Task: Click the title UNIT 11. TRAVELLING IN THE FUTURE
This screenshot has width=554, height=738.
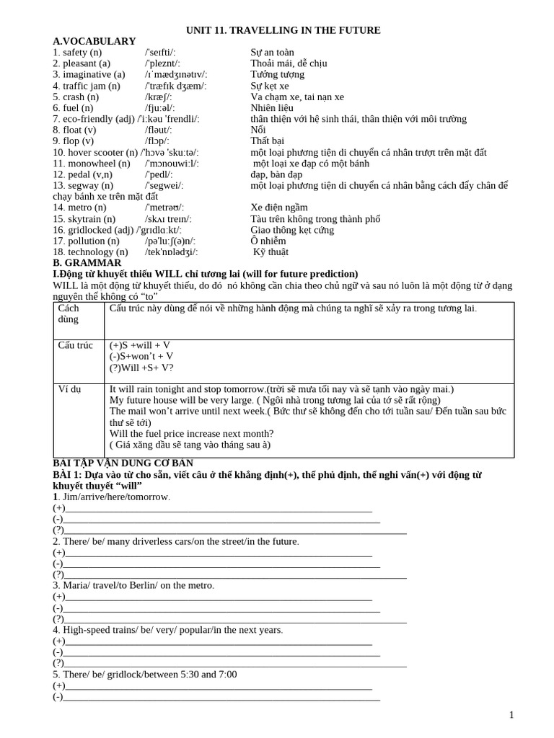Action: point(283,30)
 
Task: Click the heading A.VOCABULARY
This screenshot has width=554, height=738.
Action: point(94,41)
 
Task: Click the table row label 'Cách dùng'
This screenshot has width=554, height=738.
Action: point(69,314)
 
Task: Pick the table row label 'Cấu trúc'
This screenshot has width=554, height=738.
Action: point(75,345)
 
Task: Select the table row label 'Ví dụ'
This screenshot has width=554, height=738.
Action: point(69,389)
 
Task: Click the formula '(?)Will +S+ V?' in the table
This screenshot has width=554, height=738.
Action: point(141,367)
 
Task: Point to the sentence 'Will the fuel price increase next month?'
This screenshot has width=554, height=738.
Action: point(191,433)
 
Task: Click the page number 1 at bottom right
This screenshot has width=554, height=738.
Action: point(511,715)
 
